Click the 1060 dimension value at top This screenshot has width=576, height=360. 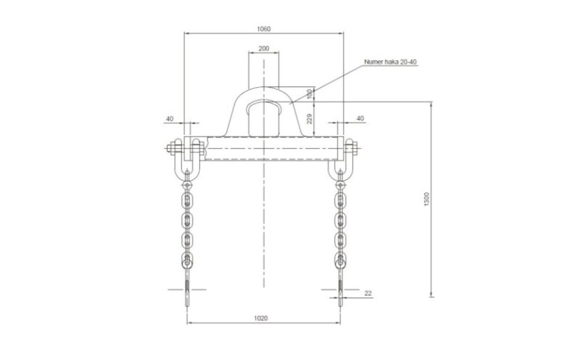click(263, 28)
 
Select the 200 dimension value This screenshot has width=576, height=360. click(263, 49)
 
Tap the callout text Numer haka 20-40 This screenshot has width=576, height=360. click(390, 62)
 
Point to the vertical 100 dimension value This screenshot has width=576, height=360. click(310, 94)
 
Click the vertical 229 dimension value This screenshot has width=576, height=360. click(310, 118)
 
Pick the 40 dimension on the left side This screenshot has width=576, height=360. click(170, 118)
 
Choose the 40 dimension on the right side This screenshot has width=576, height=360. click(360, 118)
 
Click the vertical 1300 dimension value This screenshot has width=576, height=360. click(427, 199)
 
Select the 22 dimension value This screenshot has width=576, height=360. click(368, 293)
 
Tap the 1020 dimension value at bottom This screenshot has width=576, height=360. click(261, 318)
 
